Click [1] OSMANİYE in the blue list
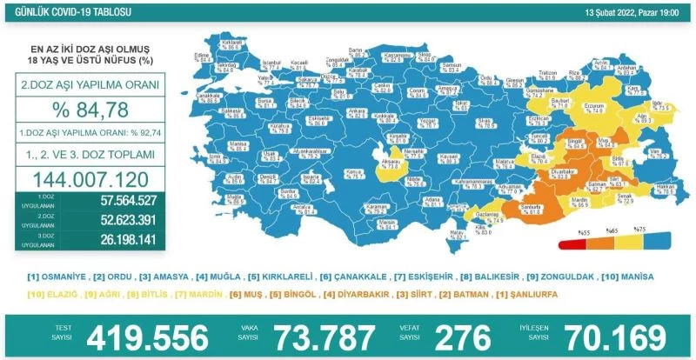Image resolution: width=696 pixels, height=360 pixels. click(x=58, y=277)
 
